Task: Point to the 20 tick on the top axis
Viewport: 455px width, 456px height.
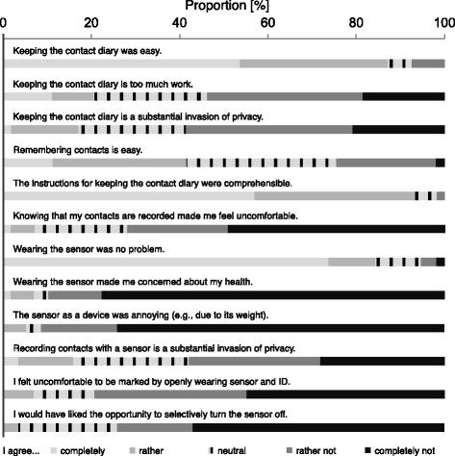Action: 92,21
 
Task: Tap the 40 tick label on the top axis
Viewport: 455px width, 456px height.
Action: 180,21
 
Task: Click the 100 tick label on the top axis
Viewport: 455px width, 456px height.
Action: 442,21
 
